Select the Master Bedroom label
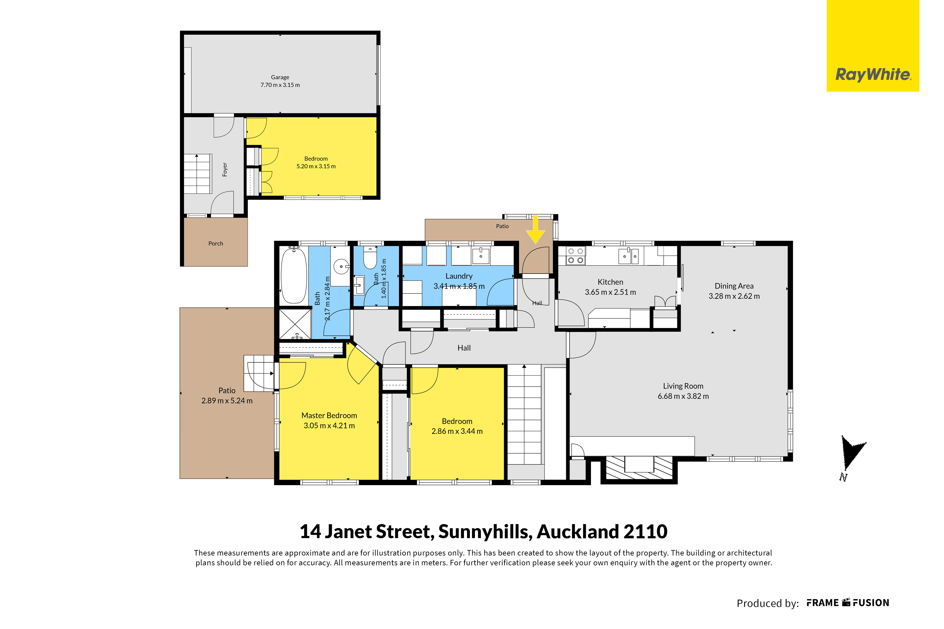coord(329,416)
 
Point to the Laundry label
coord(459,276)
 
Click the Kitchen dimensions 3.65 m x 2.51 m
coord(610,292)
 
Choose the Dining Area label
coord(734,286)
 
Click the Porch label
coord(216,243)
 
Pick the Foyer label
coord(225,169)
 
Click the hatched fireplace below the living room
coord(639,467)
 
